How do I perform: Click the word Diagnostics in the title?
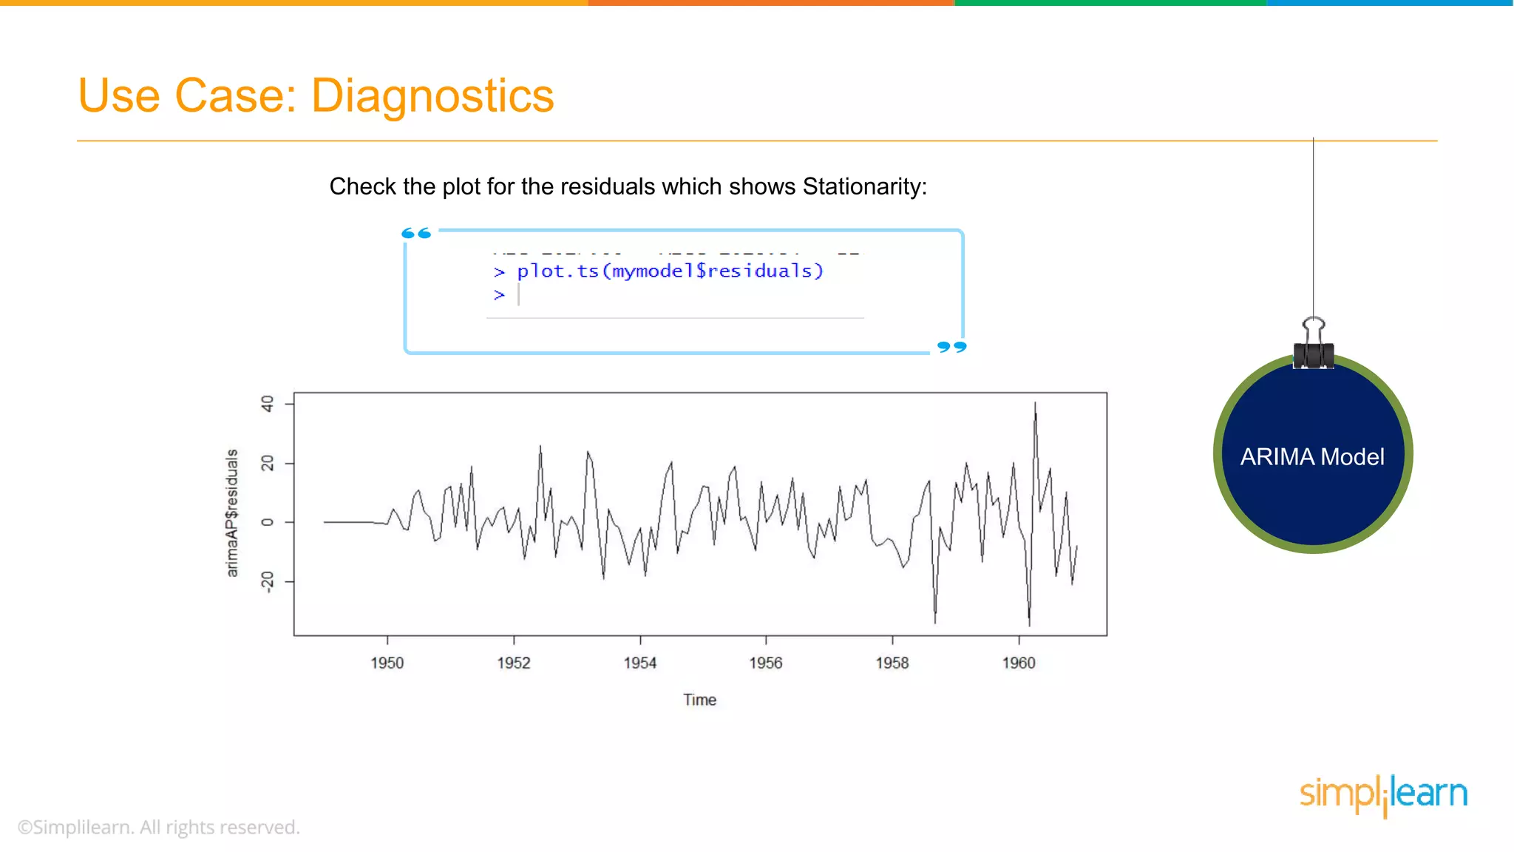click(x=432, y=96)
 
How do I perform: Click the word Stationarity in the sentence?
click(x=863, y=186)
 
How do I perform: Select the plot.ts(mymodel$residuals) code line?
click(x=669, y=271)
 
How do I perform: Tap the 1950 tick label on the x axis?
click(x=387, y=663)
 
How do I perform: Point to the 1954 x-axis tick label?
click(x=639, y=663)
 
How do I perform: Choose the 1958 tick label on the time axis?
click(x=892, y=663)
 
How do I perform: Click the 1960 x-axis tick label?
click(x=1018, y=663)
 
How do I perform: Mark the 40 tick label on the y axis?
click(x=267, y=404)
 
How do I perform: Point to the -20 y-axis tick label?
click(x=267, y=581)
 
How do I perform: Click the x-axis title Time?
click(x=699, y=700)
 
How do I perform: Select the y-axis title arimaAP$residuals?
click(x=232, y=513)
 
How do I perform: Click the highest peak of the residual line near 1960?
click(x=1035, y=405)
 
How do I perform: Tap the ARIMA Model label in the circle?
click(x=1312, y=457)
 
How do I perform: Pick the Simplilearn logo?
click(x=1383, y=795)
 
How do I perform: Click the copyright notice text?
click(x=158, y=827)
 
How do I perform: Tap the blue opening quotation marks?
click(x=416, y=234)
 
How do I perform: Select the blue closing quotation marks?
click(x=951, y=347)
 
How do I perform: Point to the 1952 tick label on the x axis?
click(x=513, y=663)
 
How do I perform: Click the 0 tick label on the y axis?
click(x=267, y=522)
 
